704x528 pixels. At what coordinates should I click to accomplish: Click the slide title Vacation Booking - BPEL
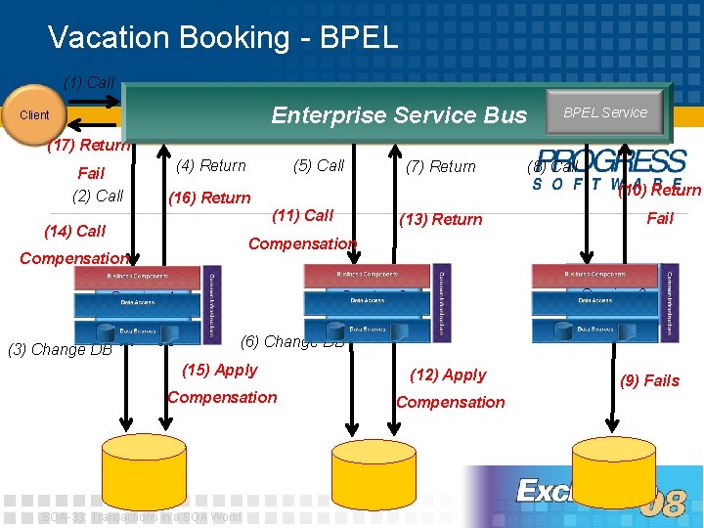(223, 37)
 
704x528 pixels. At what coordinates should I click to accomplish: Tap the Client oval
(34, 115)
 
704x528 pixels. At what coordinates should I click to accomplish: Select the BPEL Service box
(604, 112)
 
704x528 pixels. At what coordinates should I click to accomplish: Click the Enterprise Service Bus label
(399, 115)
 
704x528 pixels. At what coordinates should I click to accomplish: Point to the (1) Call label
(89, 82)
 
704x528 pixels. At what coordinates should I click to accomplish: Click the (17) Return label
(88, 146)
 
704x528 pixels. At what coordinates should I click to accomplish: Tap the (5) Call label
(319, 165)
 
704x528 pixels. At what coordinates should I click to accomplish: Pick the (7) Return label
(440, 166)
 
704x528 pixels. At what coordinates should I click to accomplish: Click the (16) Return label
(209, 198)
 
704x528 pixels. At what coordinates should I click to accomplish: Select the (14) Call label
(74, 231)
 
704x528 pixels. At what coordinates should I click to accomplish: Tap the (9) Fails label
(649, 380)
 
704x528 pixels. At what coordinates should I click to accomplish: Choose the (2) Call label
(98, 196)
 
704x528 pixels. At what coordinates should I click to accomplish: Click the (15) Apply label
(220, 370)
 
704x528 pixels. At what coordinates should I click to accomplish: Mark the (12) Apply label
(449, 374)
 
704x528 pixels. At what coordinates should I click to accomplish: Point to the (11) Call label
(303, 215)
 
